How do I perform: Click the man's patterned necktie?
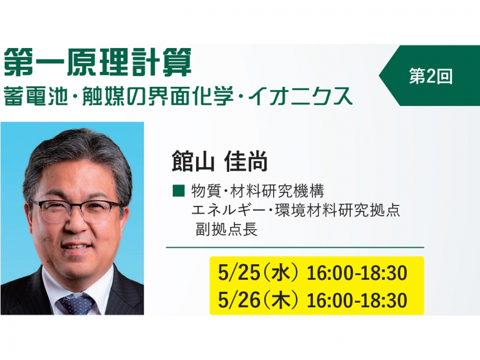pyautogui.click(x=77, y=303)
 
